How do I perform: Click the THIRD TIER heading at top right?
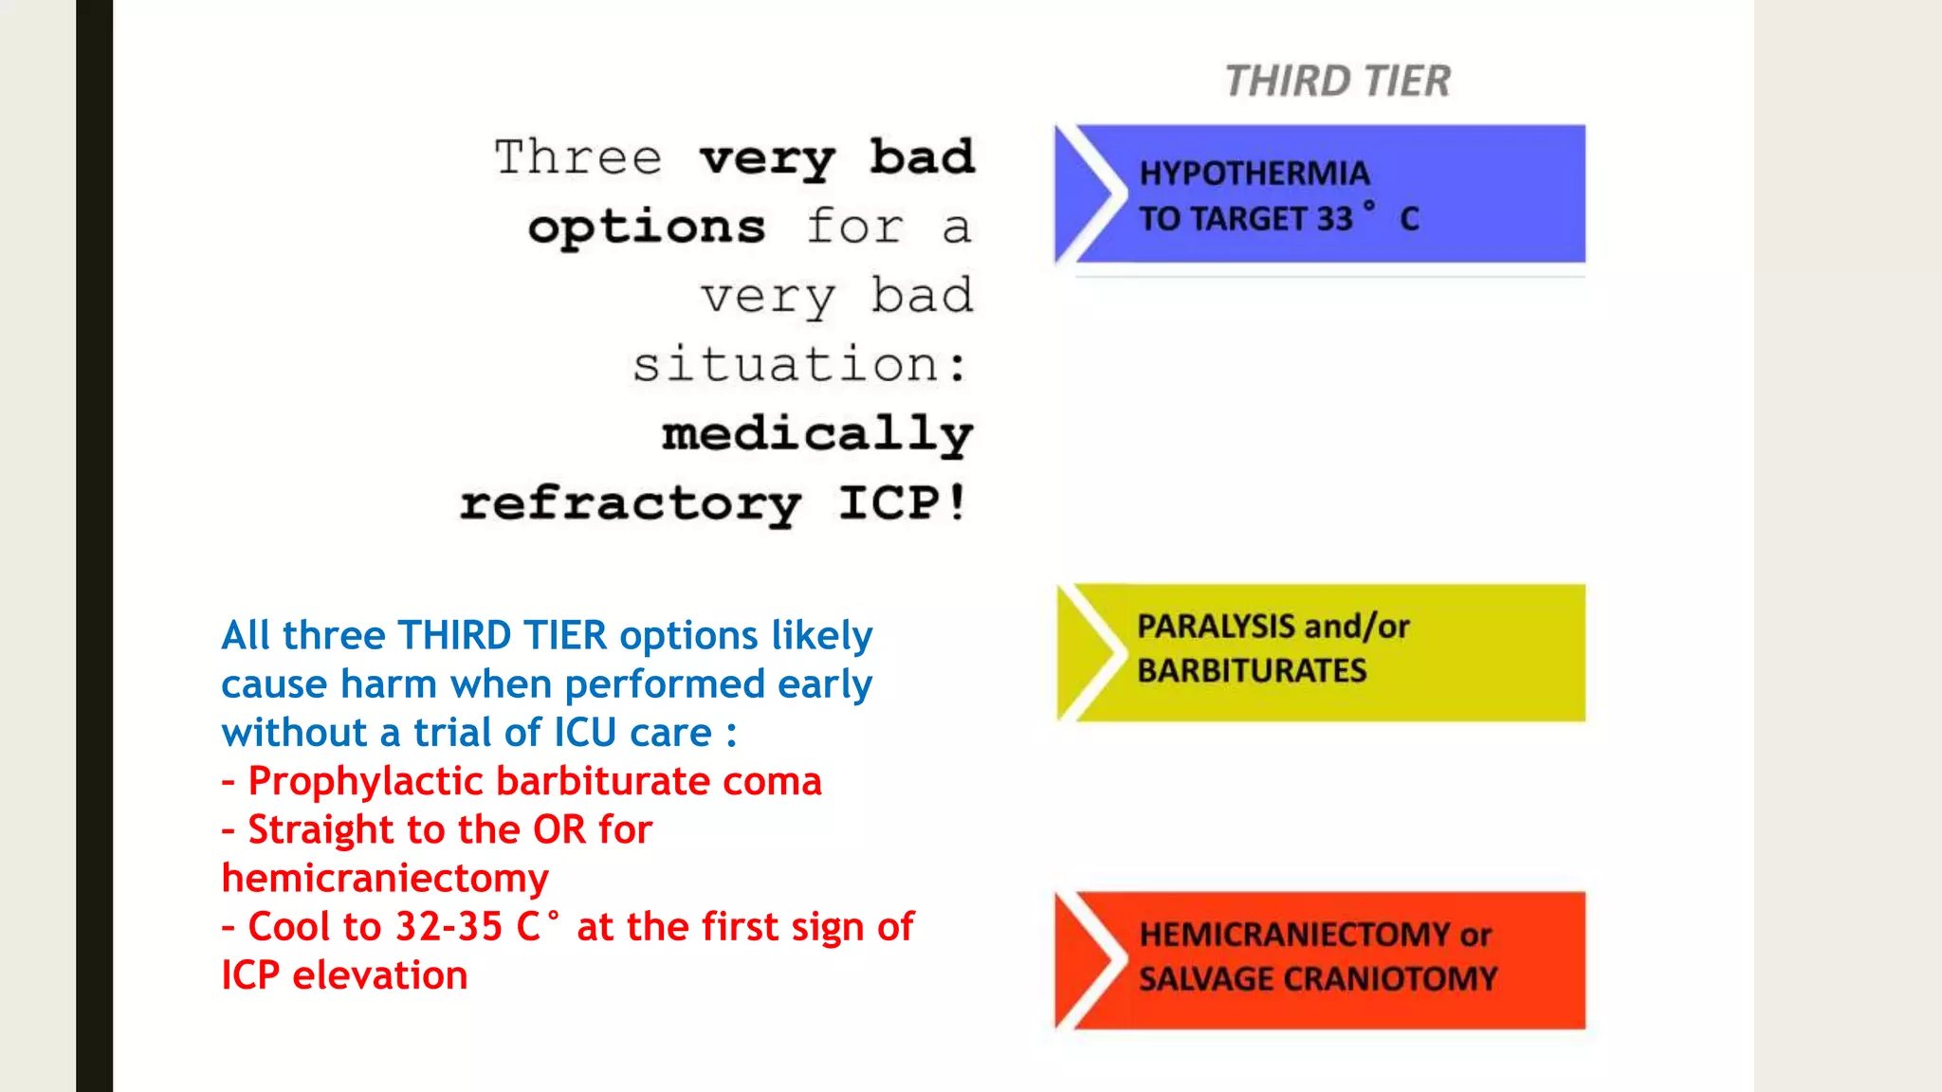coord(1337,81)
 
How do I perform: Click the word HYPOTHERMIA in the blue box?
coord(1254,173)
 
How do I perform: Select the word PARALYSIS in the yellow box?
coord(1215,627)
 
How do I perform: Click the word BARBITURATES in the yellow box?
coord(1252,671)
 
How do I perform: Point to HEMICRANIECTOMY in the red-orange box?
coord(1295,935)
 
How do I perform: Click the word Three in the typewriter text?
coord(577,157)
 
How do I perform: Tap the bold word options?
coord(647,227)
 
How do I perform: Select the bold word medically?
coord(816,435)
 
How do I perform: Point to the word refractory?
coord(631,503)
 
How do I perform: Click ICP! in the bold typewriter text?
coord(902,502)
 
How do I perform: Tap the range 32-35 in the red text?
coord(449,927)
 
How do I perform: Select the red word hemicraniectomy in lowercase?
coord(385,879)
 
